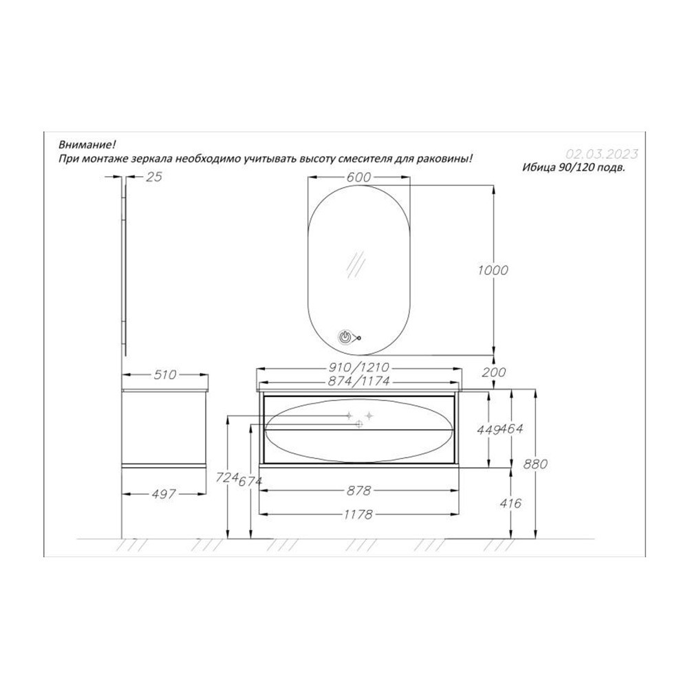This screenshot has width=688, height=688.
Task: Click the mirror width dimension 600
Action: click(358, 178)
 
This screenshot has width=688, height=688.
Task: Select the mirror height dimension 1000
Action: click(493, 270)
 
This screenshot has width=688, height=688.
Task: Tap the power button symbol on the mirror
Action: click(345, 337)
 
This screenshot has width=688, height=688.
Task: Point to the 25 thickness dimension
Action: click(154, 176)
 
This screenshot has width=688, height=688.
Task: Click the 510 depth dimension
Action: click(165, 375)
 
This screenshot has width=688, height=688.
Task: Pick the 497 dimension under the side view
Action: click(164, 494)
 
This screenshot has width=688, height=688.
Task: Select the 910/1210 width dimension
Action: click(358, 367)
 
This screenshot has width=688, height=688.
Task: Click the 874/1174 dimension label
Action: click(358, 381)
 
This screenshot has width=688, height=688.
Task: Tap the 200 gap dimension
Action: click(493, 372)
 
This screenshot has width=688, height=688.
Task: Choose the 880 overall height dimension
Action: click(535, 464)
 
